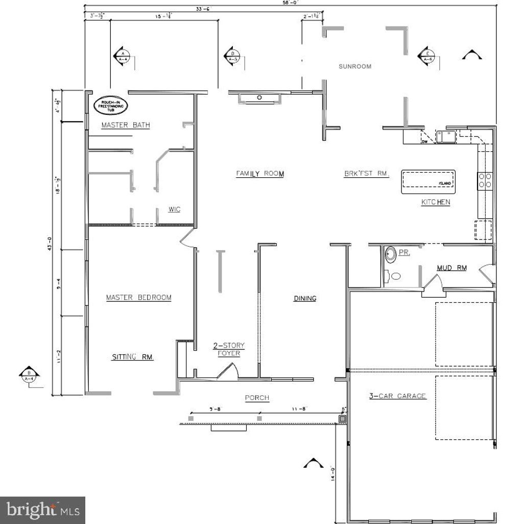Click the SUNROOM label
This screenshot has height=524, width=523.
coord(354,66)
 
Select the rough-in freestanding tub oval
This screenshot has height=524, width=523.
coord(111,105)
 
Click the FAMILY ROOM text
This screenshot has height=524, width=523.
coord(259,174)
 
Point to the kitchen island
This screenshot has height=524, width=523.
coord(428,182)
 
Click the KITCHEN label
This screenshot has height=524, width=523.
coord(435,202)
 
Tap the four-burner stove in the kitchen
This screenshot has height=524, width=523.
coord(485,180)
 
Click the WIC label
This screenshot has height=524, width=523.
coord(174,209)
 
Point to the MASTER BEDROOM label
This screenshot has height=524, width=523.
coord(138,297)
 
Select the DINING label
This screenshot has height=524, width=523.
coord(304,298)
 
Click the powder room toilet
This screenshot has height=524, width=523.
coord(391,254)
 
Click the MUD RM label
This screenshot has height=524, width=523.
coord(451,268)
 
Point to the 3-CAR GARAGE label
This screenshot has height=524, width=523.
coord(397,395)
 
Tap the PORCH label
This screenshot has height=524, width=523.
coord(257,398)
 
